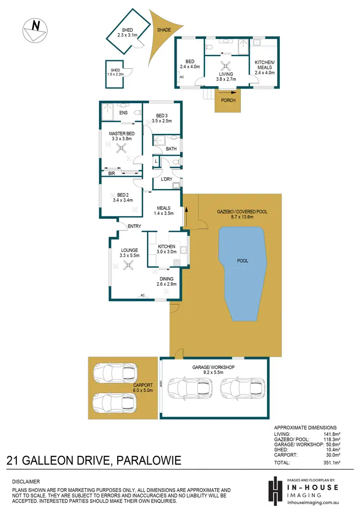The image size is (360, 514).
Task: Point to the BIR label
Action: pyautogui.click(x=111, y=173)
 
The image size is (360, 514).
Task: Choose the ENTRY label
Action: pyautogui.click(x=134, y=227)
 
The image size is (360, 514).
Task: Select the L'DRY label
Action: pyautogui.click(x=167, y=179)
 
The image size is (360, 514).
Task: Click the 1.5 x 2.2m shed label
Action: pyautogui.click(x=115, y=73)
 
